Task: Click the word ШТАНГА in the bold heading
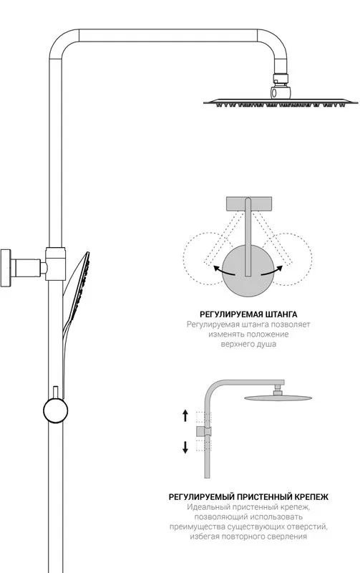[280, 314]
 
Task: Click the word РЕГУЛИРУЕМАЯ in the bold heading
[230, 314]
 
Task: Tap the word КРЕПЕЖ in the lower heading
[311, 497]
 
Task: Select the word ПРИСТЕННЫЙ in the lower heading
[264, 497]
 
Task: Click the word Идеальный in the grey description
[204, 507]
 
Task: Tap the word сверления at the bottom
[289, 536]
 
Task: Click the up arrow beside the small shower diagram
[185, 415]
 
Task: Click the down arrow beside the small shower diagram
[185, 447]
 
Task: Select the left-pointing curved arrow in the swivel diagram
[223, 271]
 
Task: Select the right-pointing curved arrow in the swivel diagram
[272, 271]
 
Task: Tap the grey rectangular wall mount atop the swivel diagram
[249, 204]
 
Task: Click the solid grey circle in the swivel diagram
[248, 271]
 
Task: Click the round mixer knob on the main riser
[56, 410]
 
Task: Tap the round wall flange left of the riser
[6, 268]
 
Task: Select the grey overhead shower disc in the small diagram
[278, 398]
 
